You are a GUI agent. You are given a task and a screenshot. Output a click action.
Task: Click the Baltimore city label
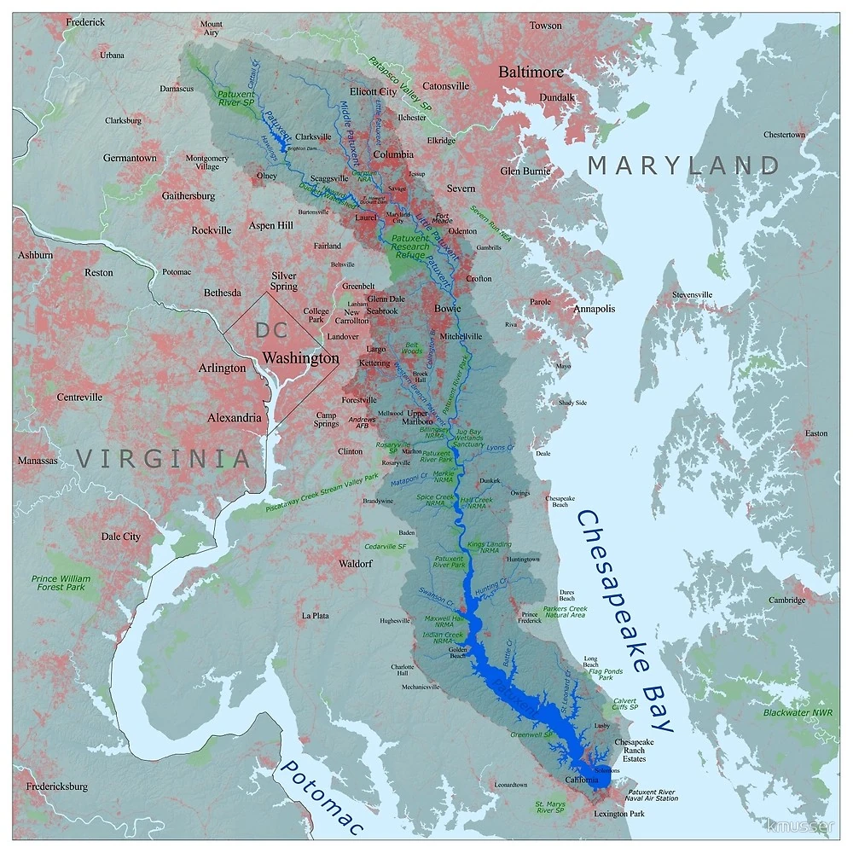tap(531, 72)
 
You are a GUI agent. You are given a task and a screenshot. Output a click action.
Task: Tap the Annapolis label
tap(594, 309)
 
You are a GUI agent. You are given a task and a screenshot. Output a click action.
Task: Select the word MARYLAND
tap(683, 165)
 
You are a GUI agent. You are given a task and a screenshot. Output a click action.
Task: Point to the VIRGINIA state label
tap(165, 458)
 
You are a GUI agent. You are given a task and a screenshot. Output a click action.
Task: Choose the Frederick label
tap(85, 21)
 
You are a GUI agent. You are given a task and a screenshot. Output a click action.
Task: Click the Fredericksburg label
tap(56, 786)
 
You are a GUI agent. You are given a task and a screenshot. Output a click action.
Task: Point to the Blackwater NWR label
tap(798, 712)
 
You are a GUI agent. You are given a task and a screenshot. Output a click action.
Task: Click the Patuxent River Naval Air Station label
tap(653, 795)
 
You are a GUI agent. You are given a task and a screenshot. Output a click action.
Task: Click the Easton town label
tap(816, 433)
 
